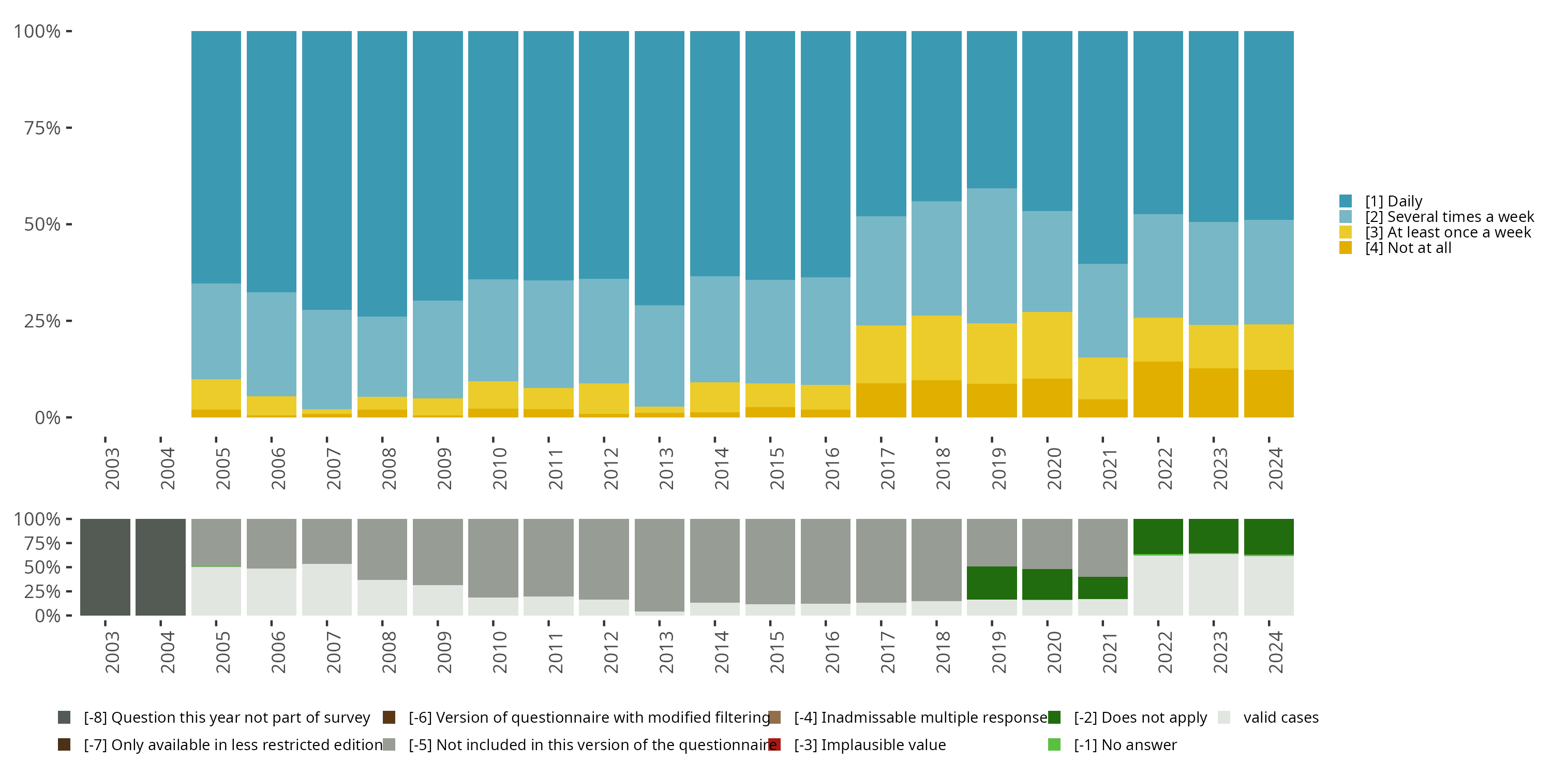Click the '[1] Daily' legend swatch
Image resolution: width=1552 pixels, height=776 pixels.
pos(1346,201)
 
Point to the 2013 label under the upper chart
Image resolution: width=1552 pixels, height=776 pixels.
pos(666,469)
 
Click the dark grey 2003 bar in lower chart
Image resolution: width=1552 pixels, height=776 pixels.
pos(105,567)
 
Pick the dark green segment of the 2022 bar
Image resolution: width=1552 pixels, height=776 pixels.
pos(1158,536)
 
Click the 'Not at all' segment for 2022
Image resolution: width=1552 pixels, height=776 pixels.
pos(1158,389)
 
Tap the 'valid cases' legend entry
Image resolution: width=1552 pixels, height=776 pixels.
pos(1280,718)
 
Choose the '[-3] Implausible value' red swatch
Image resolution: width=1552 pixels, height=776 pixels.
pos(775,744)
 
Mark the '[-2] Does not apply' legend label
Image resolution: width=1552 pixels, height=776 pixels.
pos(1140,718)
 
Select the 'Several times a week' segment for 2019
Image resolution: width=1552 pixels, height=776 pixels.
pos(992,256)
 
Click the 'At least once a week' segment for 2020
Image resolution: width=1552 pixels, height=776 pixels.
pos(1047,345)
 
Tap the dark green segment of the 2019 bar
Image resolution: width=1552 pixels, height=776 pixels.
pos(992,583)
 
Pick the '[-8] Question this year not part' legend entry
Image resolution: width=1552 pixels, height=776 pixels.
pos(227,718)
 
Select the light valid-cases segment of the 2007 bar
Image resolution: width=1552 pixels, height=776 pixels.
pos(326,589)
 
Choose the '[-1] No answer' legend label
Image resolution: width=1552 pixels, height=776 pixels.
pos(1125,744)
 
